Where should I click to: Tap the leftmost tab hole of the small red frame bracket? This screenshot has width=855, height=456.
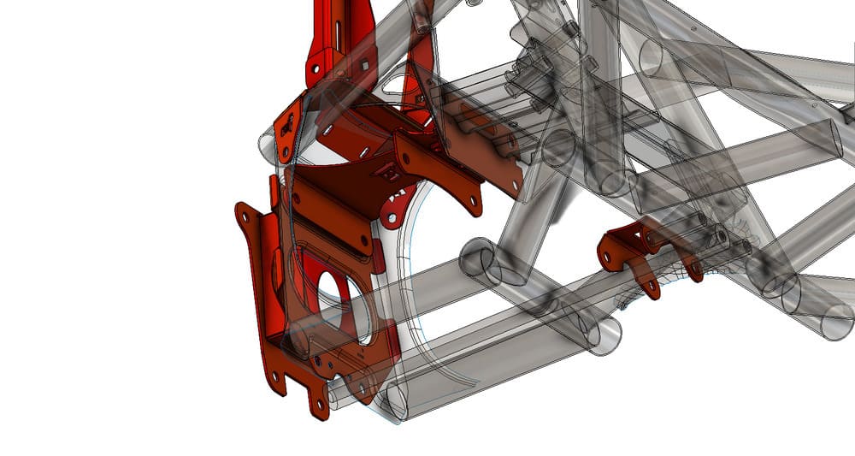[610, 254]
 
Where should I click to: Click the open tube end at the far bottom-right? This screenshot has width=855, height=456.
[837, 324]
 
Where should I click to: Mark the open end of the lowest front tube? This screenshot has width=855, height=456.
[398, 401]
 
